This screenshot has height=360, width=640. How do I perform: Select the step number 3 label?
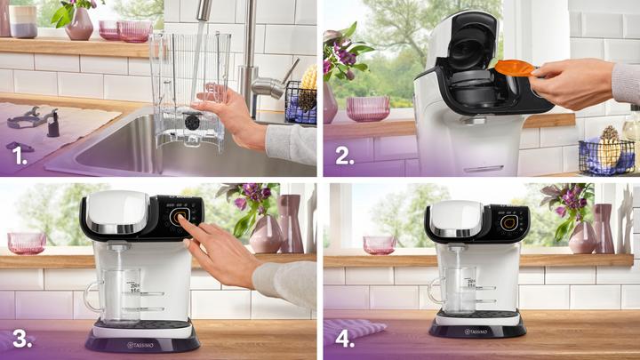[x=19, y=338]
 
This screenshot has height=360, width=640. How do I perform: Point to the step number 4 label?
[x=341, y=338]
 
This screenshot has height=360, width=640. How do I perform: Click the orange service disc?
[x=515, y=68]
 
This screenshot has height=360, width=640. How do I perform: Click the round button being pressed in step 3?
[x=182, y=220]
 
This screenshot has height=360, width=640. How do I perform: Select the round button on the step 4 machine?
[x=509, y=222]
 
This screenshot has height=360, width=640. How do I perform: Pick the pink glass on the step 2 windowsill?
[x=368, y=108]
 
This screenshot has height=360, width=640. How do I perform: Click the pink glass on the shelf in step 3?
[x=26, y=243]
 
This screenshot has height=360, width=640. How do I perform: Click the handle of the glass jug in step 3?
[x=92, y=297]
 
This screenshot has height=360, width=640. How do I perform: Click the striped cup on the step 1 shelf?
[x=23, y=21]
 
